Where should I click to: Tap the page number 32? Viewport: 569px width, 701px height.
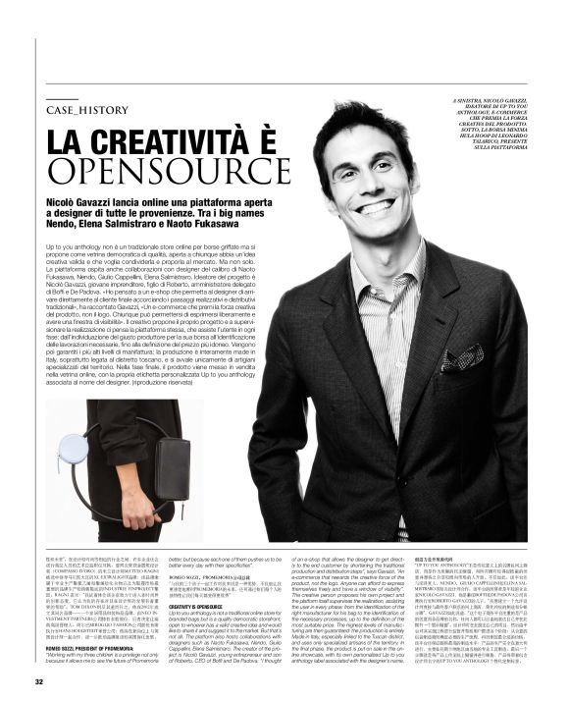40,681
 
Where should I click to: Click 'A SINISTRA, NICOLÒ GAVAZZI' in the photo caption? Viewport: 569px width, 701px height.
491,101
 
